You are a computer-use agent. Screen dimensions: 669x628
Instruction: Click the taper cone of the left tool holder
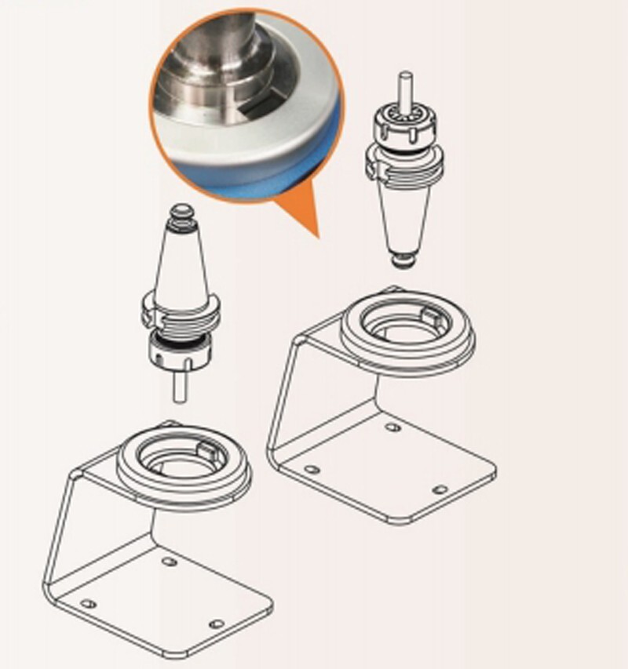tap(181, 259)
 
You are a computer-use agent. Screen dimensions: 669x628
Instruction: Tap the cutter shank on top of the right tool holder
tap(403, 89)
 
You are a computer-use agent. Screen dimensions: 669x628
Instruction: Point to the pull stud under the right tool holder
tap(401, 259)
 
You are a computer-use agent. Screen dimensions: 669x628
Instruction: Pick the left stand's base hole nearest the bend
tap(168, 562)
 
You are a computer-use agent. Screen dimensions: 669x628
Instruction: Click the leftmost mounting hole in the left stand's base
tap(89, 604)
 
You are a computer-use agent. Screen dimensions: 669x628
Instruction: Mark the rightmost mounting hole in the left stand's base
tap(217, 624)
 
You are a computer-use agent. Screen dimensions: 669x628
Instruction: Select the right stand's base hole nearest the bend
tap(391, 428)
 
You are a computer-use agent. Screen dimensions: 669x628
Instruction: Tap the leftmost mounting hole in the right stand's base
tap(312, 469)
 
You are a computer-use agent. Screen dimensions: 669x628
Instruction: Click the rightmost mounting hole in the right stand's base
tap(440, 489)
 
